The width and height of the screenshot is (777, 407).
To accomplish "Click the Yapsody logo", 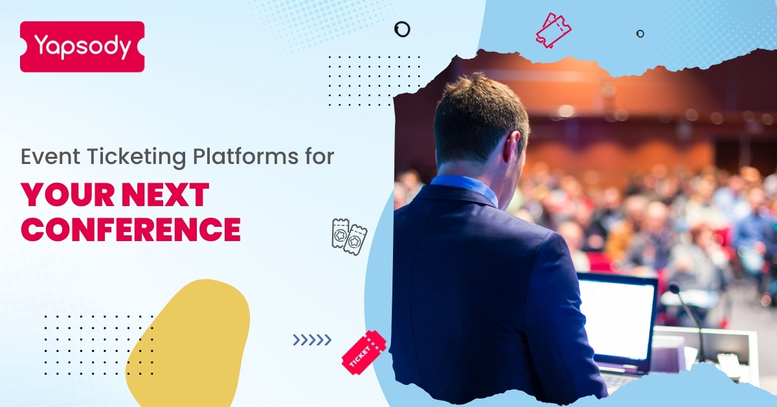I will (82, 47).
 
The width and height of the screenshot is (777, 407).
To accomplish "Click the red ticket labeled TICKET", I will (363, 353).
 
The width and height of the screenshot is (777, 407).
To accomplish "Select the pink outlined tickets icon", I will (554, 30).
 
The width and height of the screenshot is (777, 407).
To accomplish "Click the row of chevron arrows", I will (311, 340).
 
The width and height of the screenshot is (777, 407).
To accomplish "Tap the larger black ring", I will (402, 29).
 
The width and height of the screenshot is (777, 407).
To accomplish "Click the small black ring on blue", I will (640, 34).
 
